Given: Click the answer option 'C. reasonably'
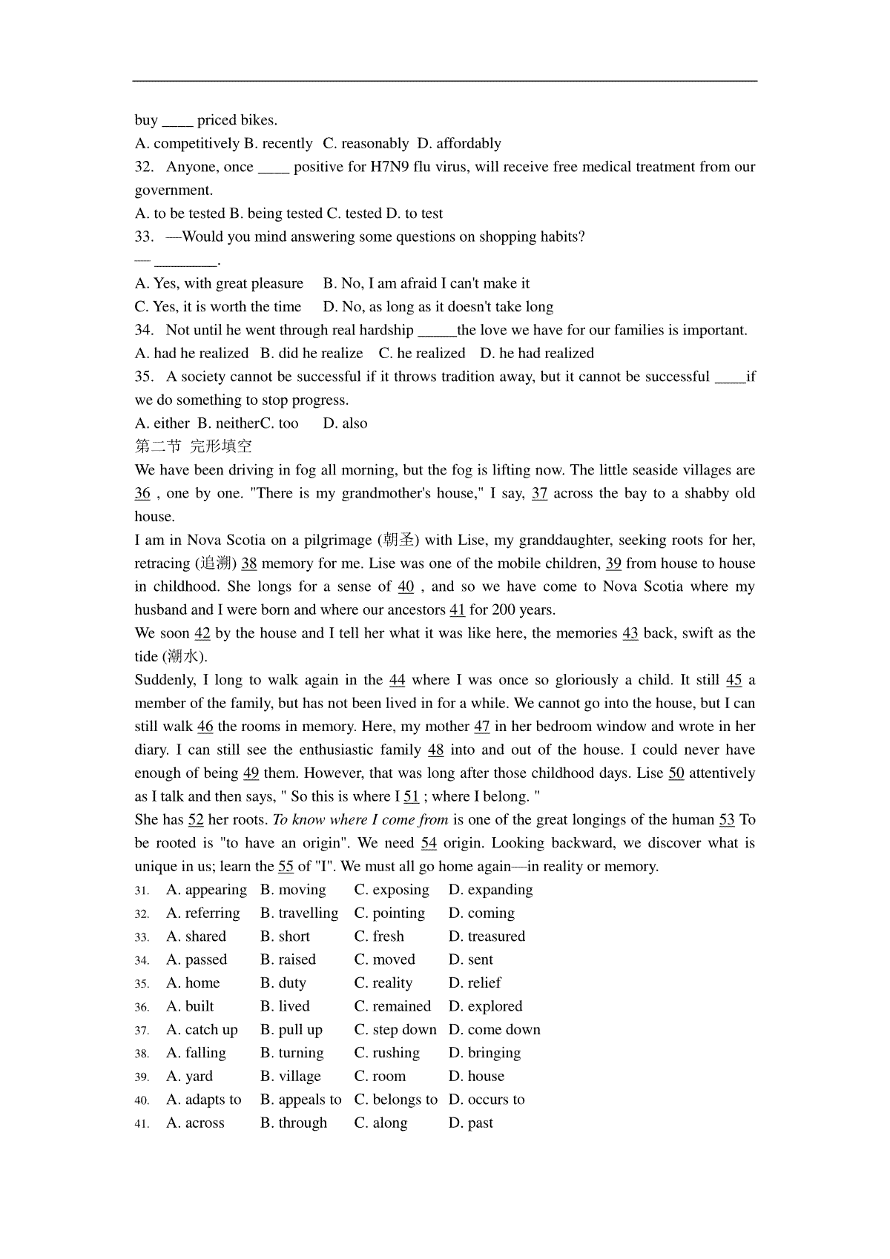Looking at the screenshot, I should (366, 143).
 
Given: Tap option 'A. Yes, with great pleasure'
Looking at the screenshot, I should (220, 283).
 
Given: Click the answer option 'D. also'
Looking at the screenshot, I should (346, 423).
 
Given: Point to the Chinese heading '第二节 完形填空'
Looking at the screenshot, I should (194, 446).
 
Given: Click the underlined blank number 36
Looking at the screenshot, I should (142, 494).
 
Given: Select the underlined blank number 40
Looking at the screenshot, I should (406, 586).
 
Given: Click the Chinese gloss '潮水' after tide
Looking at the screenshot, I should (183, 657).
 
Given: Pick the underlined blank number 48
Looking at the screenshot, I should (436, 750).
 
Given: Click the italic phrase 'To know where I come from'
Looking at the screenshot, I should (360, 820).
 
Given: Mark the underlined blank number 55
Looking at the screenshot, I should (286, 867).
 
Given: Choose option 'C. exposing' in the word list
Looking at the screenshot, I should (392, 890).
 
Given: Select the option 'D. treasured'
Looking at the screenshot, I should (487, 936).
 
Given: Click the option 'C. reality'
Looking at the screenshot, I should (383, 983).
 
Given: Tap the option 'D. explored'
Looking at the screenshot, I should (485, 1006).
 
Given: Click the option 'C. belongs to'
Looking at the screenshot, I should (396, 1100).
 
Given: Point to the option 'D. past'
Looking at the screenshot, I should (471, 1123).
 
